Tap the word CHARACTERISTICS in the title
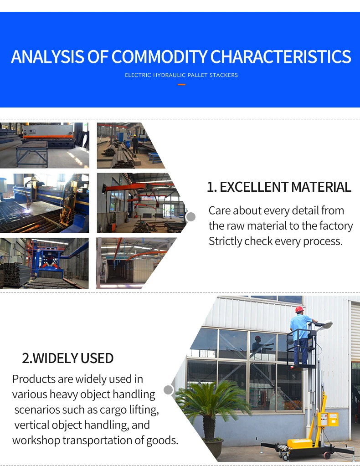tap(281, 57)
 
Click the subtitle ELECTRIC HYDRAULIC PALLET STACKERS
tap(181, 75)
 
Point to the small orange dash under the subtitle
tap(181, 84)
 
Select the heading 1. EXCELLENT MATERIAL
tap(279, 187)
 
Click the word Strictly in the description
tap(225, 241)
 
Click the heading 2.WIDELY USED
tap(68, 358)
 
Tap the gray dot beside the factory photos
tap(191, 217)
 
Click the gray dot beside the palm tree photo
tap(169, 390)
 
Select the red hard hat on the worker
tap(299, 309)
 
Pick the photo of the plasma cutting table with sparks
tap(44, 203)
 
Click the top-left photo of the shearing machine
tap(44, 145)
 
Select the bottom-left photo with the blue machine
tap(44, 263)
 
